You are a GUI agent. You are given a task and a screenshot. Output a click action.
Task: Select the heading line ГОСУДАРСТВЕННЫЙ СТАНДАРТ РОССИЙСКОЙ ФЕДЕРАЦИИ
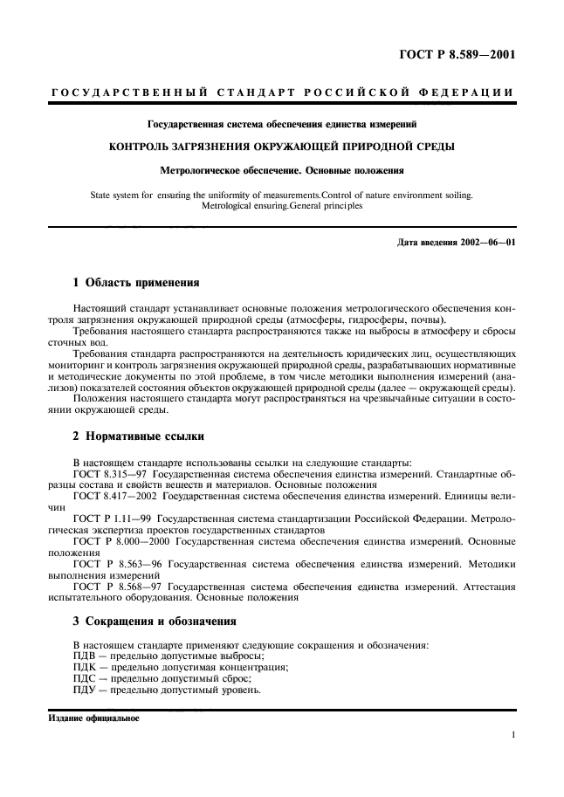click(x=281, y=93)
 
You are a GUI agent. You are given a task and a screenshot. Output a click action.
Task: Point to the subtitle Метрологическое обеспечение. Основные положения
click(x=281, y=171)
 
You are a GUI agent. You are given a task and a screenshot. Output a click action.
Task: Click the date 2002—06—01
click(x=485, y=242)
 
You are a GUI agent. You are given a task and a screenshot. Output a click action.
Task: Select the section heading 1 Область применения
click(x=135, y=283)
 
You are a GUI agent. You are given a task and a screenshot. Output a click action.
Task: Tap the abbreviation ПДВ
click(x=85, y=656)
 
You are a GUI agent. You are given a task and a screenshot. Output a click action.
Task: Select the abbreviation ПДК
click(x=85, y=667)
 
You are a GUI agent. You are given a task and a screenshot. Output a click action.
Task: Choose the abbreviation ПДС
click(x=85, y=678)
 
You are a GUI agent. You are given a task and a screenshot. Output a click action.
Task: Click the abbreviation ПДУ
click(x=85, y=690)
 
